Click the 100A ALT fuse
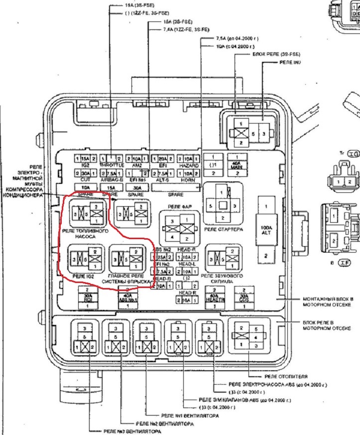pyautogui.click(x=265, y=230)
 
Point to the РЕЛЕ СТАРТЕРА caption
pyautogui.click(x=223, y=229)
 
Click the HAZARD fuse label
pyautogui.click(x=188, y=165)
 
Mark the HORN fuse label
pyautogui.click(x=188, y=178)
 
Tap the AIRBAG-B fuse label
pyautogui.click(x=112, y=178)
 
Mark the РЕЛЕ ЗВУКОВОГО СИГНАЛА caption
pyautogui.click(x=222, y=279)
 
